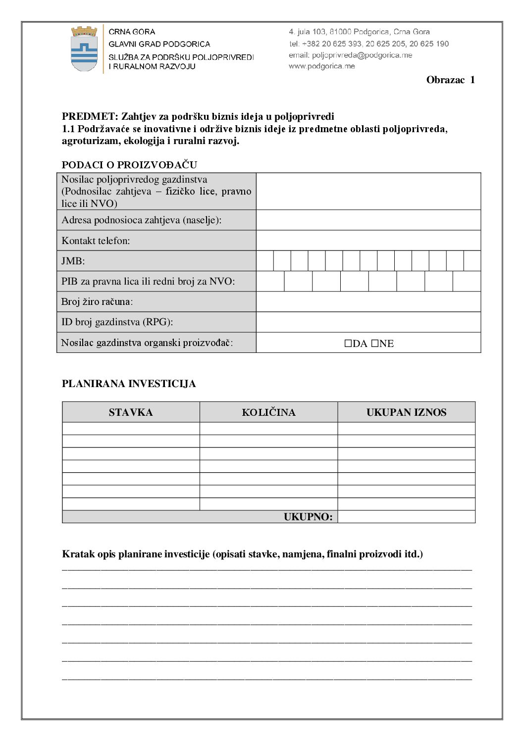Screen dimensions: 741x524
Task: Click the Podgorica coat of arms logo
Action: coord(84,49)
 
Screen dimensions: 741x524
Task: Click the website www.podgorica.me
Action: coord(322,66)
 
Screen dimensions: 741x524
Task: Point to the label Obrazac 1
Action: coord(450,80)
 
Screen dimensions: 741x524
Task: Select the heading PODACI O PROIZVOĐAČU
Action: coord(129,165)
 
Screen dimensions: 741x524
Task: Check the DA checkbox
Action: coord(348,344)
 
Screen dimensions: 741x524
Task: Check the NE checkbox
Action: coord(375,344)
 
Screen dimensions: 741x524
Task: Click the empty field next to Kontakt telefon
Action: coord(368,241)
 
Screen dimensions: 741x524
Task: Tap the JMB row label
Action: coord(73,261)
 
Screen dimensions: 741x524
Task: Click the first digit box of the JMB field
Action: coord(265,261)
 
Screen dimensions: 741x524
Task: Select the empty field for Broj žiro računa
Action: coord(368,301)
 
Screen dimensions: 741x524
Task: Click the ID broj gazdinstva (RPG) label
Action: coord(117,322)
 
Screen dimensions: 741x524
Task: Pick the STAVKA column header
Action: coord(131,412)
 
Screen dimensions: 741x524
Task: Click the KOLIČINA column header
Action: coord(268,412)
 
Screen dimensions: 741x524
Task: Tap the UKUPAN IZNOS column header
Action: coord(406,412)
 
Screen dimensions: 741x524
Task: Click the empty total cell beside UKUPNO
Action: coord(406,517)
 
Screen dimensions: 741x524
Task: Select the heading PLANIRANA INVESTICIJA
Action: coord(129,384)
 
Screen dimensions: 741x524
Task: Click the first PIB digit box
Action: coord(270,281)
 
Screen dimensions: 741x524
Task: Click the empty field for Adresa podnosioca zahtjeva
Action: coord(368,220)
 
